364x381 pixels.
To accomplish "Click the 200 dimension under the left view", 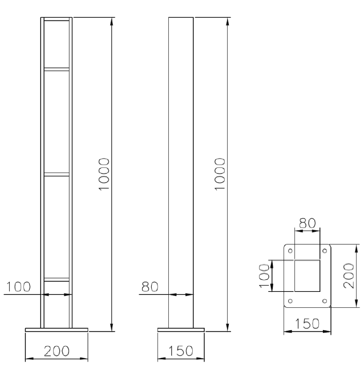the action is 56,351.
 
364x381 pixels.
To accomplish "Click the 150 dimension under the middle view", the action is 181,351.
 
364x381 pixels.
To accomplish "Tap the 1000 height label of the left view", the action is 104,174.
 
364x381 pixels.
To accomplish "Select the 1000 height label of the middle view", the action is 220,174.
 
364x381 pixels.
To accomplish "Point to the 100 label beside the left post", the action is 18,287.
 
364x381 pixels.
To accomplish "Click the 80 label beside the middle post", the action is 149,287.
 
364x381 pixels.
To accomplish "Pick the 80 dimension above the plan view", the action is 308,223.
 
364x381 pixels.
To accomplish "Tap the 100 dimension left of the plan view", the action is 265,276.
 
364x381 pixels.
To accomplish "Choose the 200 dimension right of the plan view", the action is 349,275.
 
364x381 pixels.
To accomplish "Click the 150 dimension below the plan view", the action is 307,324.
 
